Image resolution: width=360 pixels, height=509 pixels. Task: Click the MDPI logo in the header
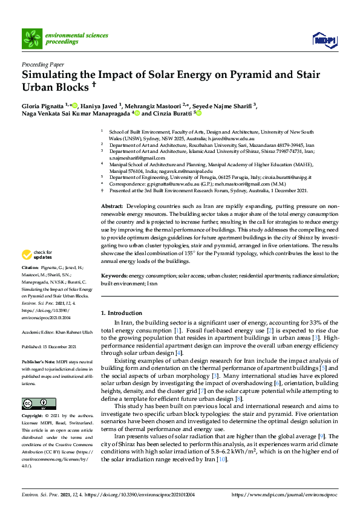pos(324,39)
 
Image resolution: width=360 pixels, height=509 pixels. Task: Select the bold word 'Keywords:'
pos(116,276)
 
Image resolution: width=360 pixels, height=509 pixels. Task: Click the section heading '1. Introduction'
pos(122,313)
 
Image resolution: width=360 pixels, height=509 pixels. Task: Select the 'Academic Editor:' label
pos(37,331)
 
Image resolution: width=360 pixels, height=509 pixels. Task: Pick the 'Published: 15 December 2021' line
pos(49,346)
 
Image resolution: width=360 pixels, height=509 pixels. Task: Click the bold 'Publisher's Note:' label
pos(37,360)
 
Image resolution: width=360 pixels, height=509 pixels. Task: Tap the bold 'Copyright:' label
pos(32,417)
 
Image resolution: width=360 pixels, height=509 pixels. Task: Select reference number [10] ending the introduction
pos(222,459)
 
